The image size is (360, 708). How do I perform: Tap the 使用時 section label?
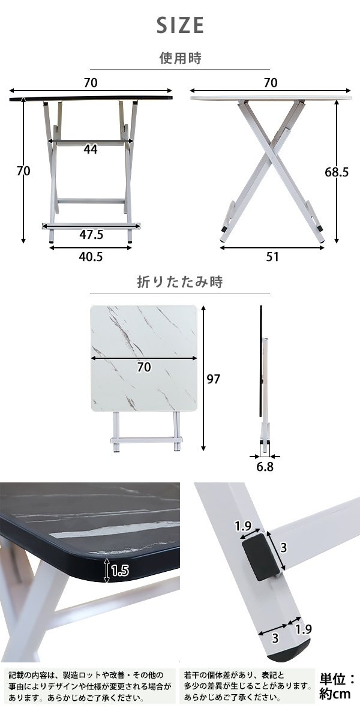pyautogui.click(x=180, y=58)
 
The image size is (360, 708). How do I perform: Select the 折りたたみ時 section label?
pyautogui.click(x=180, y=282)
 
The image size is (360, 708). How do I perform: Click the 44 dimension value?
pyautogui.click(x=91, y=149)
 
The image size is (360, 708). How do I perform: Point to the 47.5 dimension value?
pyautogui.click(x=91, y=235)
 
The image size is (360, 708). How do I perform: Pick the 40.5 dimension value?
pyautogui.click(x=91, y=256)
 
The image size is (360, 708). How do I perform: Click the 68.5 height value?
pyautogui.click(x=337, y=172)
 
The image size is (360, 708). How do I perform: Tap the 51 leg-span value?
pyautogui.click(x=272, y=256)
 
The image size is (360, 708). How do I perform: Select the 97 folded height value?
pyautogui.click(x=213, y=379)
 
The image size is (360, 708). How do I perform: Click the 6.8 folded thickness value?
pyautogui.click(x=265, y=467)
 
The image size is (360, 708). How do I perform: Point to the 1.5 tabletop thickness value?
pyautogui.click(x=119, y=571)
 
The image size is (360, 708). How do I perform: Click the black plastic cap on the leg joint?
pyautogui.click(x=260, y=557)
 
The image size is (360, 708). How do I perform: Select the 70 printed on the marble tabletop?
pyautogui.click(x=143, y=368)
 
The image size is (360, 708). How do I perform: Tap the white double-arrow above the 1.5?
pyautogui.click(x=107, y=570)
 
